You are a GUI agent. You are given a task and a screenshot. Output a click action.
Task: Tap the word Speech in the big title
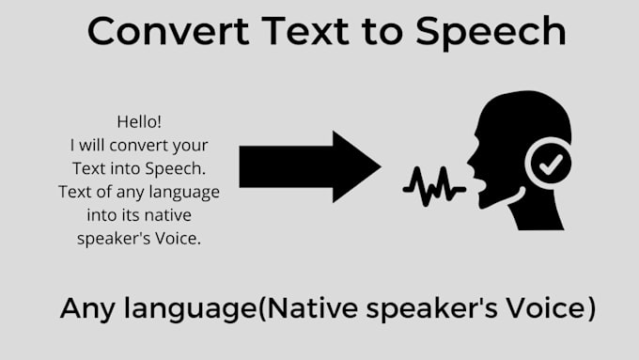(490, 33)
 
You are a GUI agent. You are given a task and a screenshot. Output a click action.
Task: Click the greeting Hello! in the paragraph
(139, 121)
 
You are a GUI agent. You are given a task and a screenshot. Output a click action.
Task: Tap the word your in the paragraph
(194, 146)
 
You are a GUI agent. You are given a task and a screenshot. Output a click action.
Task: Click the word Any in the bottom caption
(90, 308)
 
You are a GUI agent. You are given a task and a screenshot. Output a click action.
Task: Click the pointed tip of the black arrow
(378, 167)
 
